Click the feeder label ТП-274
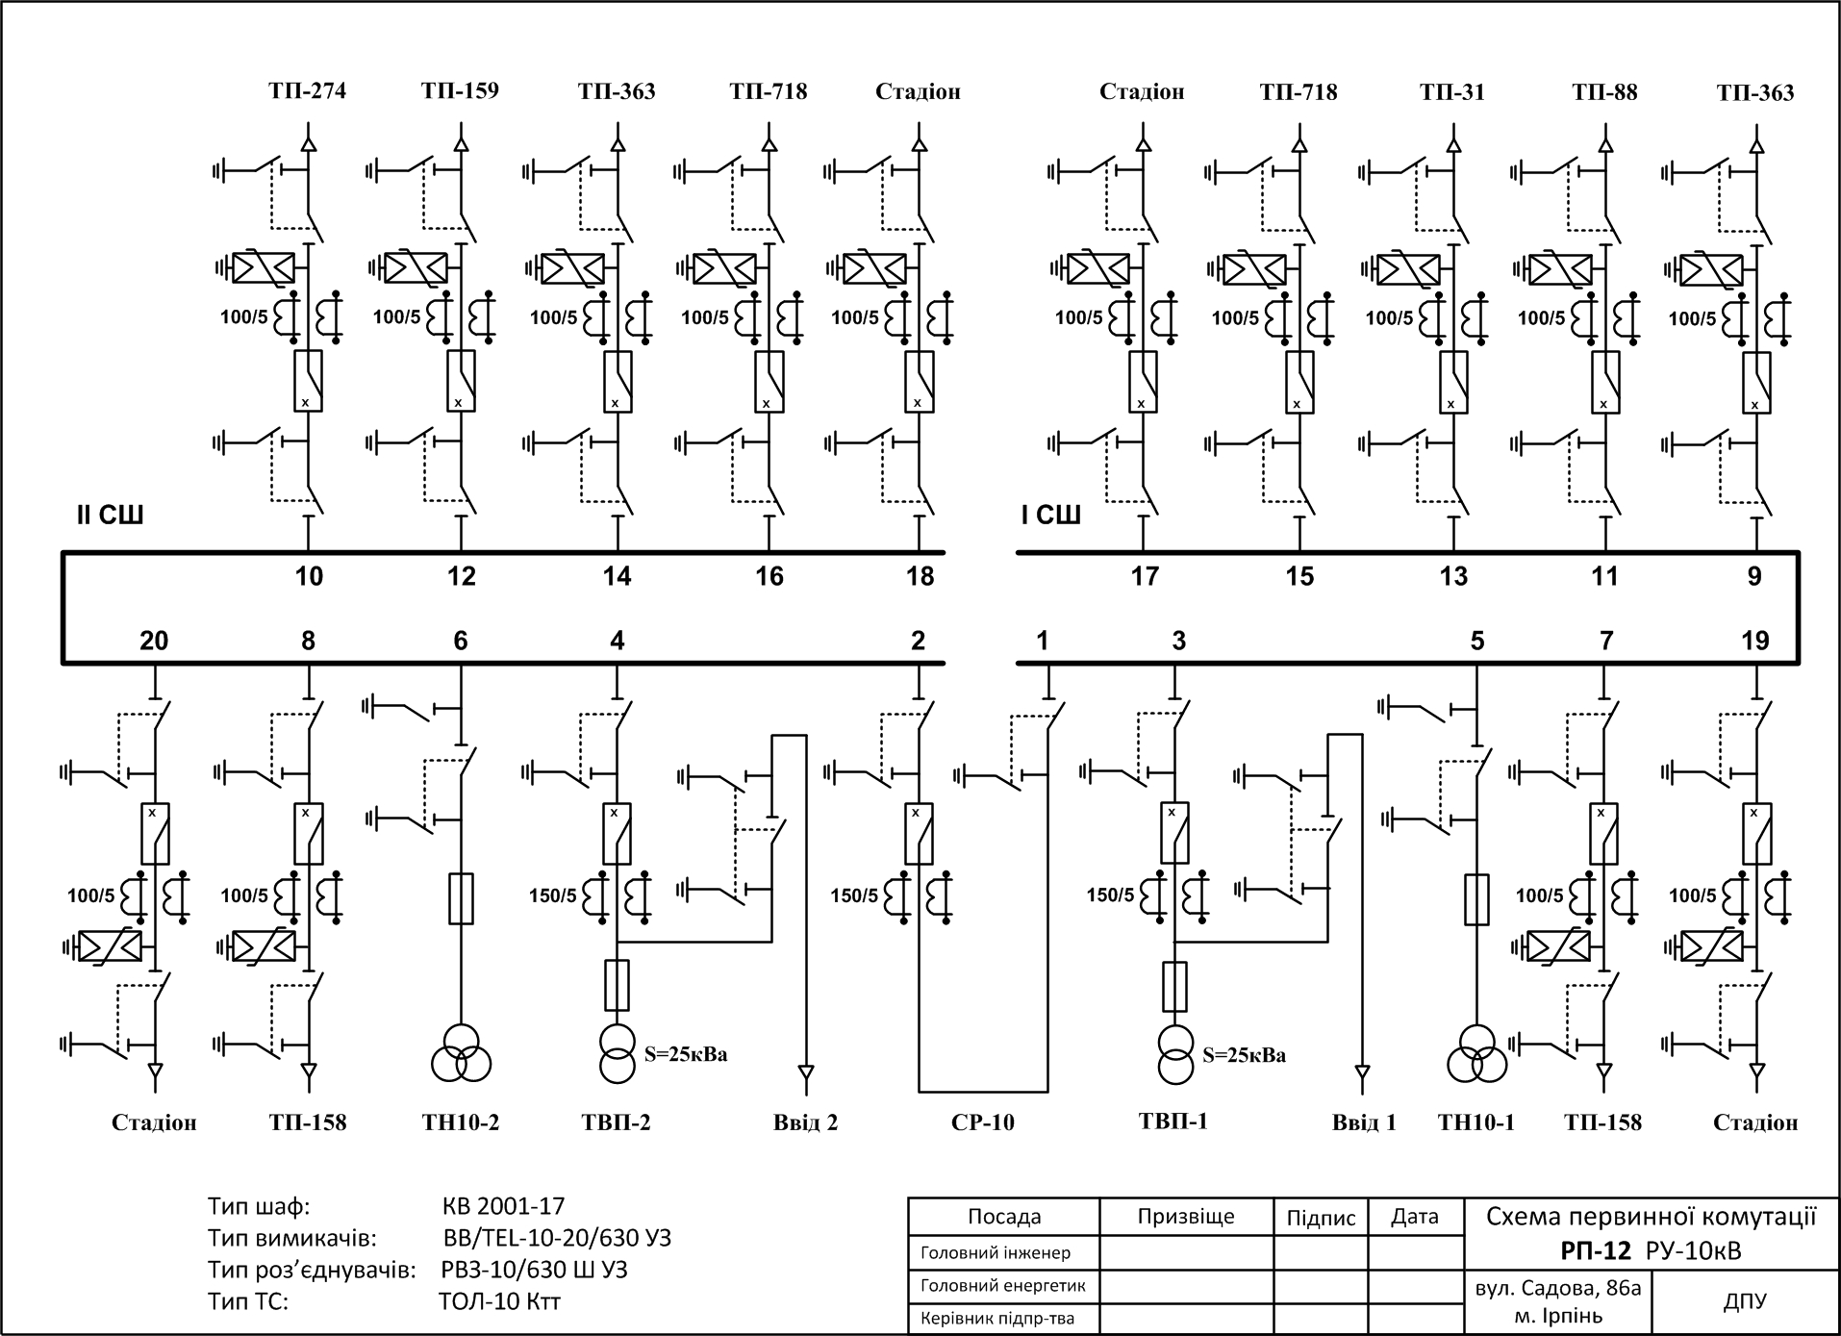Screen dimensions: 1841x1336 click(x=307, y=90)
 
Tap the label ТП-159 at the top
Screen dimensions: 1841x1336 click(x=460, y=90)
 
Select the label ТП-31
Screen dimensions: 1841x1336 click(x=1452, y=92)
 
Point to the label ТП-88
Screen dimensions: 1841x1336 click(x=1604, y=92)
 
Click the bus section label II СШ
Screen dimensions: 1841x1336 click(x=110, y=516)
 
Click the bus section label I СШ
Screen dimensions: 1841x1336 click(x=1050, y=516)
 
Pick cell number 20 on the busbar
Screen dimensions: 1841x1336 click(x=154, y=641)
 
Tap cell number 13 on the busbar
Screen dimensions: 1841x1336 click(x=1453, y=576)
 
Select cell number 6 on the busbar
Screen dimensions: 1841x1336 click(x=461, y=641)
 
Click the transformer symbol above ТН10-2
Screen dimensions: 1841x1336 click(x=461, y=1053)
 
